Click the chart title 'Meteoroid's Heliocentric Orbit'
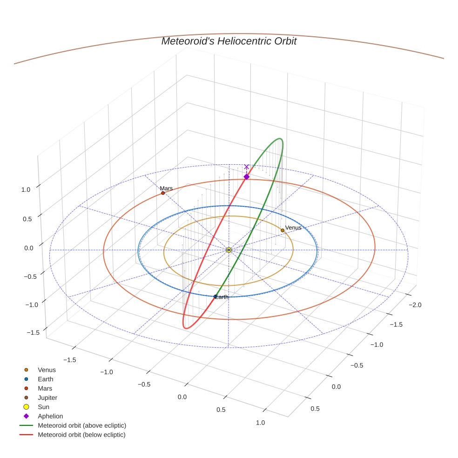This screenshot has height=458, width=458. (229, 41)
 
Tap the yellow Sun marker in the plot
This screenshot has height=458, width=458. (229, 250)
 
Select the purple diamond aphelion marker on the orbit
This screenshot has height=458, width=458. (247, 176)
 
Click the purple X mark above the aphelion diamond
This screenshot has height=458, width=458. (247, 167)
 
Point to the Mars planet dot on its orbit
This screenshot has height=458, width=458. (163, 193)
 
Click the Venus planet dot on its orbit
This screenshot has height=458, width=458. (283, 230)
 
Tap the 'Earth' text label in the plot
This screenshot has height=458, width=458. (222, 297)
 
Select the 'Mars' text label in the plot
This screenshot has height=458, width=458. (166, 189)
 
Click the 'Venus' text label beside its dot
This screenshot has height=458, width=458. (293, 228)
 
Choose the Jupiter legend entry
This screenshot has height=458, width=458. (47, 397)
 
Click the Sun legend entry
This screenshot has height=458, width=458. (43, 407)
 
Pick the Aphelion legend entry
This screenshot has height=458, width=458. (50, 416)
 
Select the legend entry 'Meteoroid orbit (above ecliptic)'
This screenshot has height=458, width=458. (81, 425)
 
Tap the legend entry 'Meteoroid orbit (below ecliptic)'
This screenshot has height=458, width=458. (81, 435)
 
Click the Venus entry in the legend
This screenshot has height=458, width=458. (46, 370)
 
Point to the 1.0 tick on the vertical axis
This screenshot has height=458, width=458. (26, 189)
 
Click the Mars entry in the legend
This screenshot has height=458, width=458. (45, 388)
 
